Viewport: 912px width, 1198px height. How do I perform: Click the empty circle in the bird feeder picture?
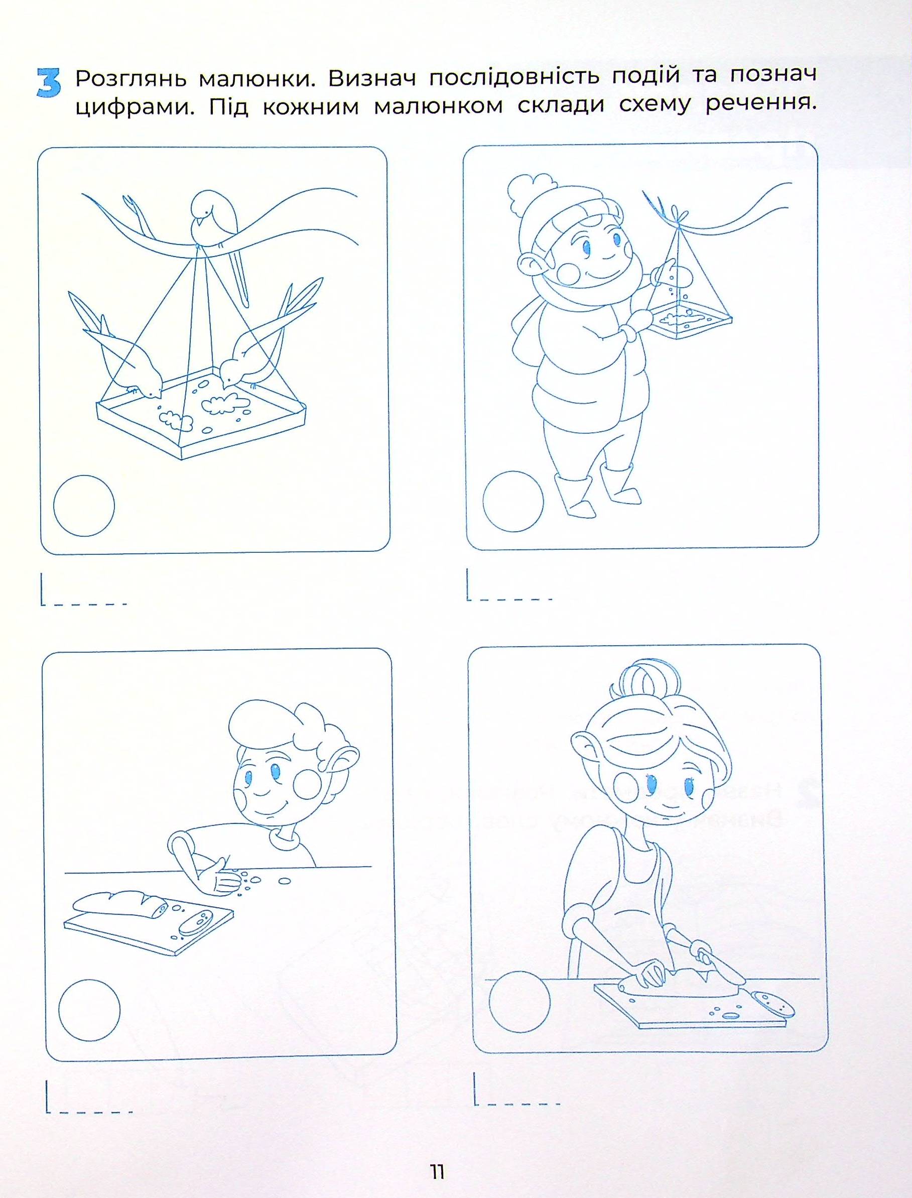coord(84,506)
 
